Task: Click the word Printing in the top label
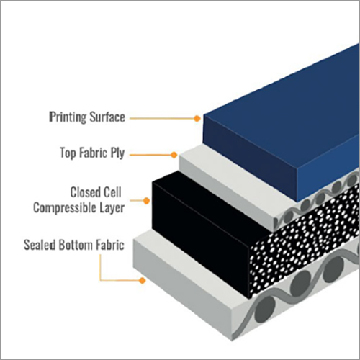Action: [x=67, y=117]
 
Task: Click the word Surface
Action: [x=107, y=117]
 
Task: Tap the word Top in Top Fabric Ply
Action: [x=68, y=153]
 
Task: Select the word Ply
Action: [x=117, y=153]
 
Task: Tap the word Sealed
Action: [x=40, y=245]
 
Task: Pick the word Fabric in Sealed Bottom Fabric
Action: [x=110, y=245]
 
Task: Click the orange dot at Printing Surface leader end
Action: [x=197, y=118]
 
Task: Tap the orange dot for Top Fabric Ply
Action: [x=174, y=155]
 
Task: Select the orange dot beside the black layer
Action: [x=146, y=201]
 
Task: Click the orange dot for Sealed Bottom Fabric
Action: [x=143, y=280]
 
